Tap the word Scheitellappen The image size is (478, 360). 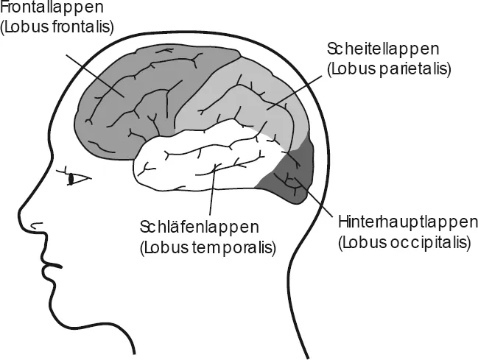pyautogui.click(x=382, y=50)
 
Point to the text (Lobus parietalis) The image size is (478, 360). pyautogui.click(x=388, y=68)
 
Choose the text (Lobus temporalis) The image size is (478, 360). pyautogui.click(x=207, y=246)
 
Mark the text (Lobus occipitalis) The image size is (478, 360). pyautogui.click(x=402, y=241)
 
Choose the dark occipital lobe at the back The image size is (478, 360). pyautogui.click(x=295, y=180)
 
